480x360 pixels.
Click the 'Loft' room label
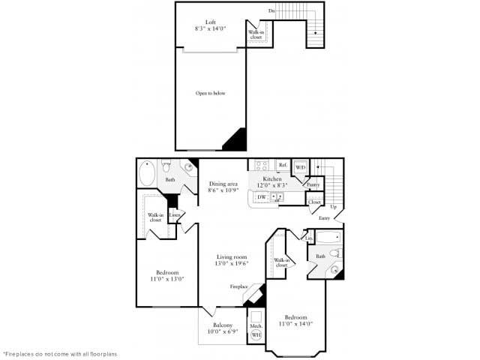tap(210, 22)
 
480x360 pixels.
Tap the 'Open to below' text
tap(210, 93)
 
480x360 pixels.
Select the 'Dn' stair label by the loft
tap(271, 11)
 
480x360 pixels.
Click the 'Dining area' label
tap(223, 184)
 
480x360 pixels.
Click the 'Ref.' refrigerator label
tap(283, 165)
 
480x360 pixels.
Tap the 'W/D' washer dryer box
tap(300, 166)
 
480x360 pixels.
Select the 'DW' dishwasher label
tap(261, 197)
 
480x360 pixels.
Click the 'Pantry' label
tap(313, 184)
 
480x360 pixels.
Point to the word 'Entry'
tap(324, 217)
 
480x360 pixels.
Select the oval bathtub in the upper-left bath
tap(148, 174)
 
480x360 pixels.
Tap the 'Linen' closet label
tap(175, 215)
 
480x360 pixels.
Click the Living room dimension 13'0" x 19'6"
tap(232, 264)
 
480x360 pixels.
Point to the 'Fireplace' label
tap(239, 286)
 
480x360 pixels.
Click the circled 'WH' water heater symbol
tap(256, 334)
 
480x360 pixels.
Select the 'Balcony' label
tap(222, 325)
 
